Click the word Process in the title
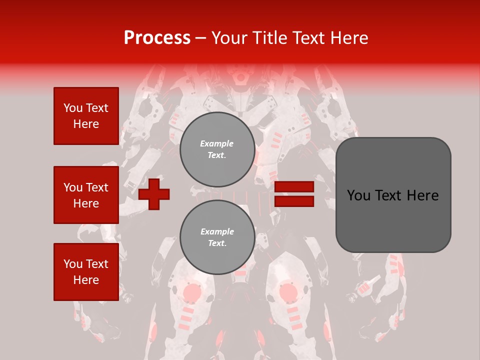click(157, 38)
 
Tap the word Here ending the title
click(349, 38)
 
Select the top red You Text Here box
click(86, 116)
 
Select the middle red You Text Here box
click(86, 195)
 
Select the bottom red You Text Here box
click(86, 271)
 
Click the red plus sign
click(154, 194)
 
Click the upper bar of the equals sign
click(294, 187)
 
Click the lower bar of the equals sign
click(294, 201)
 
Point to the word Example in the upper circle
click(217, 144)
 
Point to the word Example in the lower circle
click(217, 232)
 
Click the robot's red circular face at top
click(241, 78)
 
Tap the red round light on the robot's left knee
click(191, 292)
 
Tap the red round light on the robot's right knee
click(288, 292)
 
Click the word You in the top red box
click(73, 108)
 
